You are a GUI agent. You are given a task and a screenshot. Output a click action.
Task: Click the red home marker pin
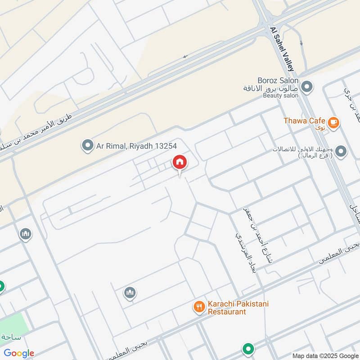tap(179, 162)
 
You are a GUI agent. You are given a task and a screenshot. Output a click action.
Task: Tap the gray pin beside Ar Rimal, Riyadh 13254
tap(86, 145)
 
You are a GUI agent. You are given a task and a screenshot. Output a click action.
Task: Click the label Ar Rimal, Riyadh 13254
tap(136, 146)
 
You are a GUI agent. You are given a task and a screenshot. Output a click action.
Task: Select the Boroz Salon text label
tap(278, 80)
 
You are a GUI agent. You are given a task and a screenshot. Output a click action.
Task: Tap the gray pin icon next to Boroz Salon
tap(307, 86)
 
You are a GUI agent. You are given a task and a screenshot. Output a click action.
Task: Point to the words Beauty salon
tap(281, 96)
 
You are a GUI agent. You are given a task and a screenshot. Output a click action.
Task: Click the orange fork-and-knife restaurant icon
tap(199, 307)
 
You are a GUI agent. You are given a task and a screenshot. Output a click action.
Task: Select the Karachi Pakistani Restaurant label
tap(238, 308)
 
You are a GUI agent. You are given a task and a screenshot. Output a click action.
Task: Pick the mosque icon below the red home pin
tap(130, 293)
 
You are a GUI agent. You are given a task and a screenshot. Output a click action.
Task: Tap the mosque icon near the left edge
tap(25, 234)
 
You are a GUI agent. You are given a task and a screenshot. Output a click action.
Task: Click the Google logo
tap(19, 353)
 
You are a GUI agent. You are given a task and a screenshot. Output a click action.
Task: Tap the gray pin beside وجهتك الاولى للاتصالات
tap(341, 152)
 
